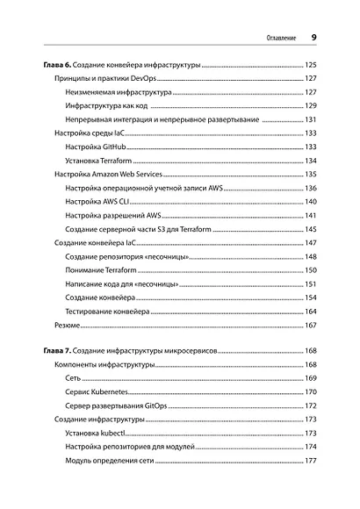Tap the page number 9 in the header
tap(313, 39)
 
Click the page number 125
tap(310, 66)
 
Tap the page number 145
tap(310, 228)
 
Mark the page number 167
tap(310, 326)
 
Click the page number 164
tap(310, 312)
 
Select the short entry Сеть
tap(73, 378)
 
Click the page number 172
tap(310, 405)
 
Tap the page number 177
tap(310, 460)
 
